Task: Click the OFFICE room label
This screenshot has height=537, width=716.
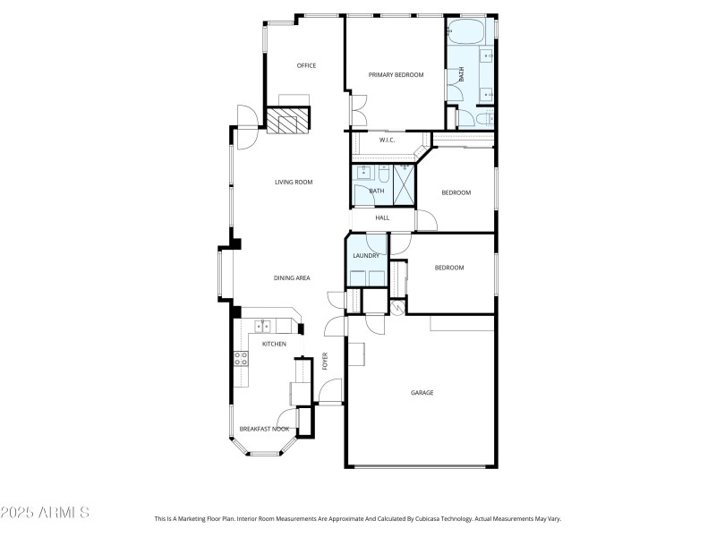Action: tap(307, 65)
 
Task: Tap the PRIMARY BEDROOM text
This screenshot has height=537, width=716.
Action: tap(396, 74)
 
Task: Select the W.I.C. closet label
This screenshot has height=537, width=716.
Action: tap(388, 140)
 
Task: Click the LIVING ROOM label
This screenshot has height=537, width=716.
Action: tap(293, 183)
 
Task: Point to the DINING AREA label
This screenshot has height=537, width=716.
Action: tap(292, 278)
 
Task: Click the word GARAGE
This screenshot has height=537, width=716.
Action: tap(422, 392)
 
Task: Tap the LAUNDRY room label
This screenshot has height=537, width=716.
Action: tap(366, 256)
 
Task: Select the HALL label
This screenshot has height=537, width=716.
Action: tap(382, 217)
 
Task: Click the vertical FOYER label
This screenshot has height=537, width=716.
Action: tap(326, 361)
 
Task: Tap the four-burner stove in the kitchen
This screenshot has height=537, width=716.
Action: tap(241, 359)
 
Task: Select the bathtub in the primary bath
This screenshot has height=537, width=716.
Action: tap(465, 32)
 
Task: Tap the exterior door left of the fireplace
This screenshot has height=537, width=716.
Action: tap(246, 116)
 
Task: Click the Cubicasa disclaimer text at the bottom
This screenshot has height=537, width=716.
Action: tap(358, 518)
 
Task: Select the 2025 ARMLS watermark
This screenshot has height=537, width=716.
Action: tap(45, 513)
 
